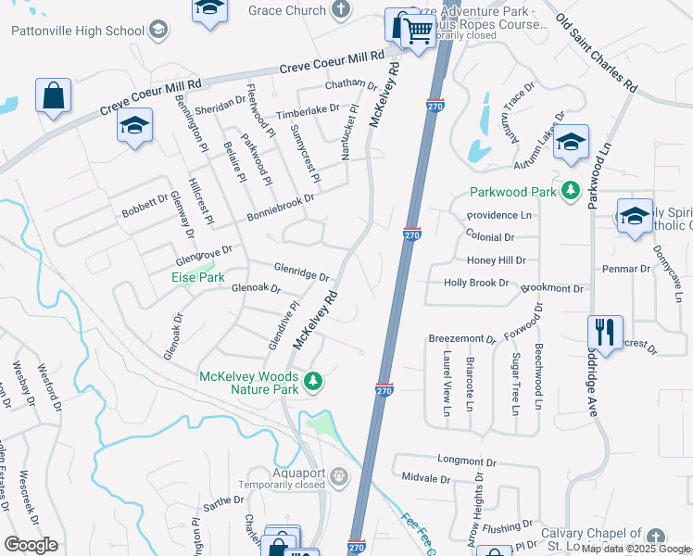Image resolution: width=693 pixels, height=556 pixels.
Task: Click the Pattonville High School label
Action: pyautogui.click(x=78, y=31)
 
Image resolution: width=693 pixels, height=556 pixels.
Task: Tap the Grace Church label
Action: pyautogui.click(x=287, y=11)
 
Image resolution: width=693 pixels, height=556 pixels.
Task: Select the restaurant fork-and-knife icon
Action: pyautogui.click(x=605, y=331)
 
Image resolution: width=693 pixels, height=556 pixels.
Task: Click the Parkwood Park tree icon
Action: pyautogui.click(x=573, y=192)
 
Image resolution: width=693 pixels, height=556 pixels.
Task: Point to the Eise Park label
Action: pyautogui.click(x=197, y=277)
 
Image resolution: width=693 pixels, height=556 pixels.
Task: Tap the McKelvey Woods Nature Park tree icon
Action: pyautogui.click(x=314, y=381)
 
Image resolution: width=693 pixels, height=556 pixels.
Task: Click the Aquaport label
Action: pyautogui.click(x=282, y=471)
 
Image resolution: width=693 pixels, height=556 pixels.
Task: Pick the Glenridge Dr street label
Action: pyautogui.click(x=302, y=272)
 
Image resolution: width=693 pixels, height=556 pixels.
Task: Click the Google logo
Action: pyautogui.click(x=31, y=545)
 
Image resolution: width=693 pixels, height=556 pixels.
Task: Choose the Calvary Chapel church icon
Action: pyautogui.click(x=656, y=537)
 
